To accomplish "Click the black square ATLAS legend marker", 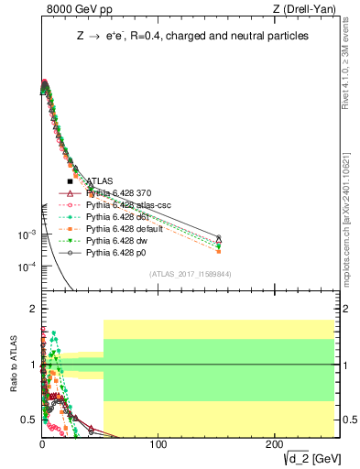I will coord(70,181).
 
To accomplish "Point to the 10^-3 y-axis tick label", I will coord(27,235).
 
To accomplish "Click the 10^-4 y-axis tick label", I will coord(27,267).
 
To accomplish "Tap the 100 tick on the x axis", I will coord(158,444).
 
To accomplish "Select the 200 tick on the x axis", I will coord(273,444).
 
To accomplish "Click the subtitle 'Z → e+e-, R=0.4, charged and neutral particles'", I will coord(191,36).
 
